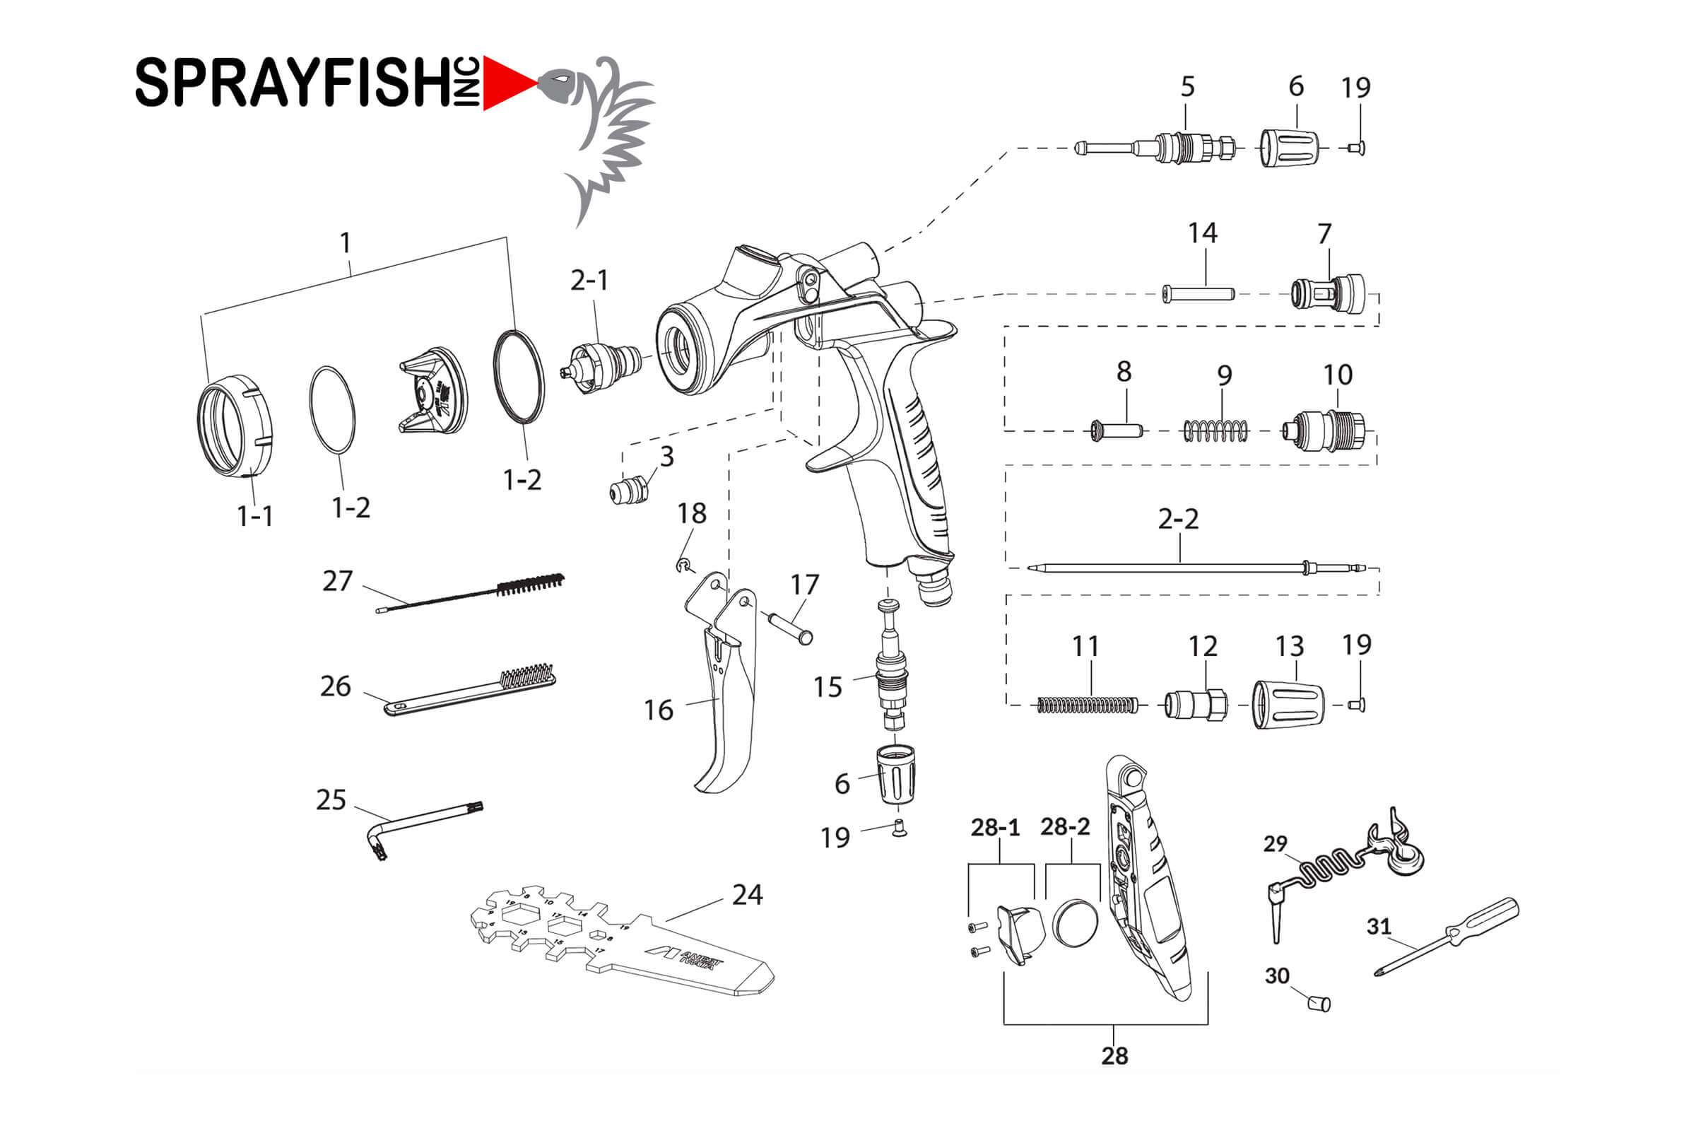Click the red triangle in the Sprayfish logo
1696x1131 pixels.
click(x=505, y=83)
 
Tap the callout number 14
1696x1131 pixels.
click(x=1202, y=233)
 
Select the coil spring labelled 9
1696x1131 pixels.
click(x=1215, y=431)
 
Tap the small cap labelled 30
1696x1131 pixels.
click(x=1319, y=1002)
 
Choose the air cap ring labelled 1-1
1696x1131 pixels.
click(x=235, y=426)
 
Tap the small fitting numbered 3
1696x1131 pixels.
click(x=629, y=492)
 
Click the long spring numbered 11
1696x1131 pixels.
click(x=1088, y=705)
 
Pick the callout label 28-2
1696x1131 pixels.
click(x=1064, y=827)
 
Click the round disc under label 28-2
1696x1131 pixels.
click(x=1076, y=922)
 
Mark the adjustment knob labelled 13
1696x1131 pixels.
click(x=1288, y=704)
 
